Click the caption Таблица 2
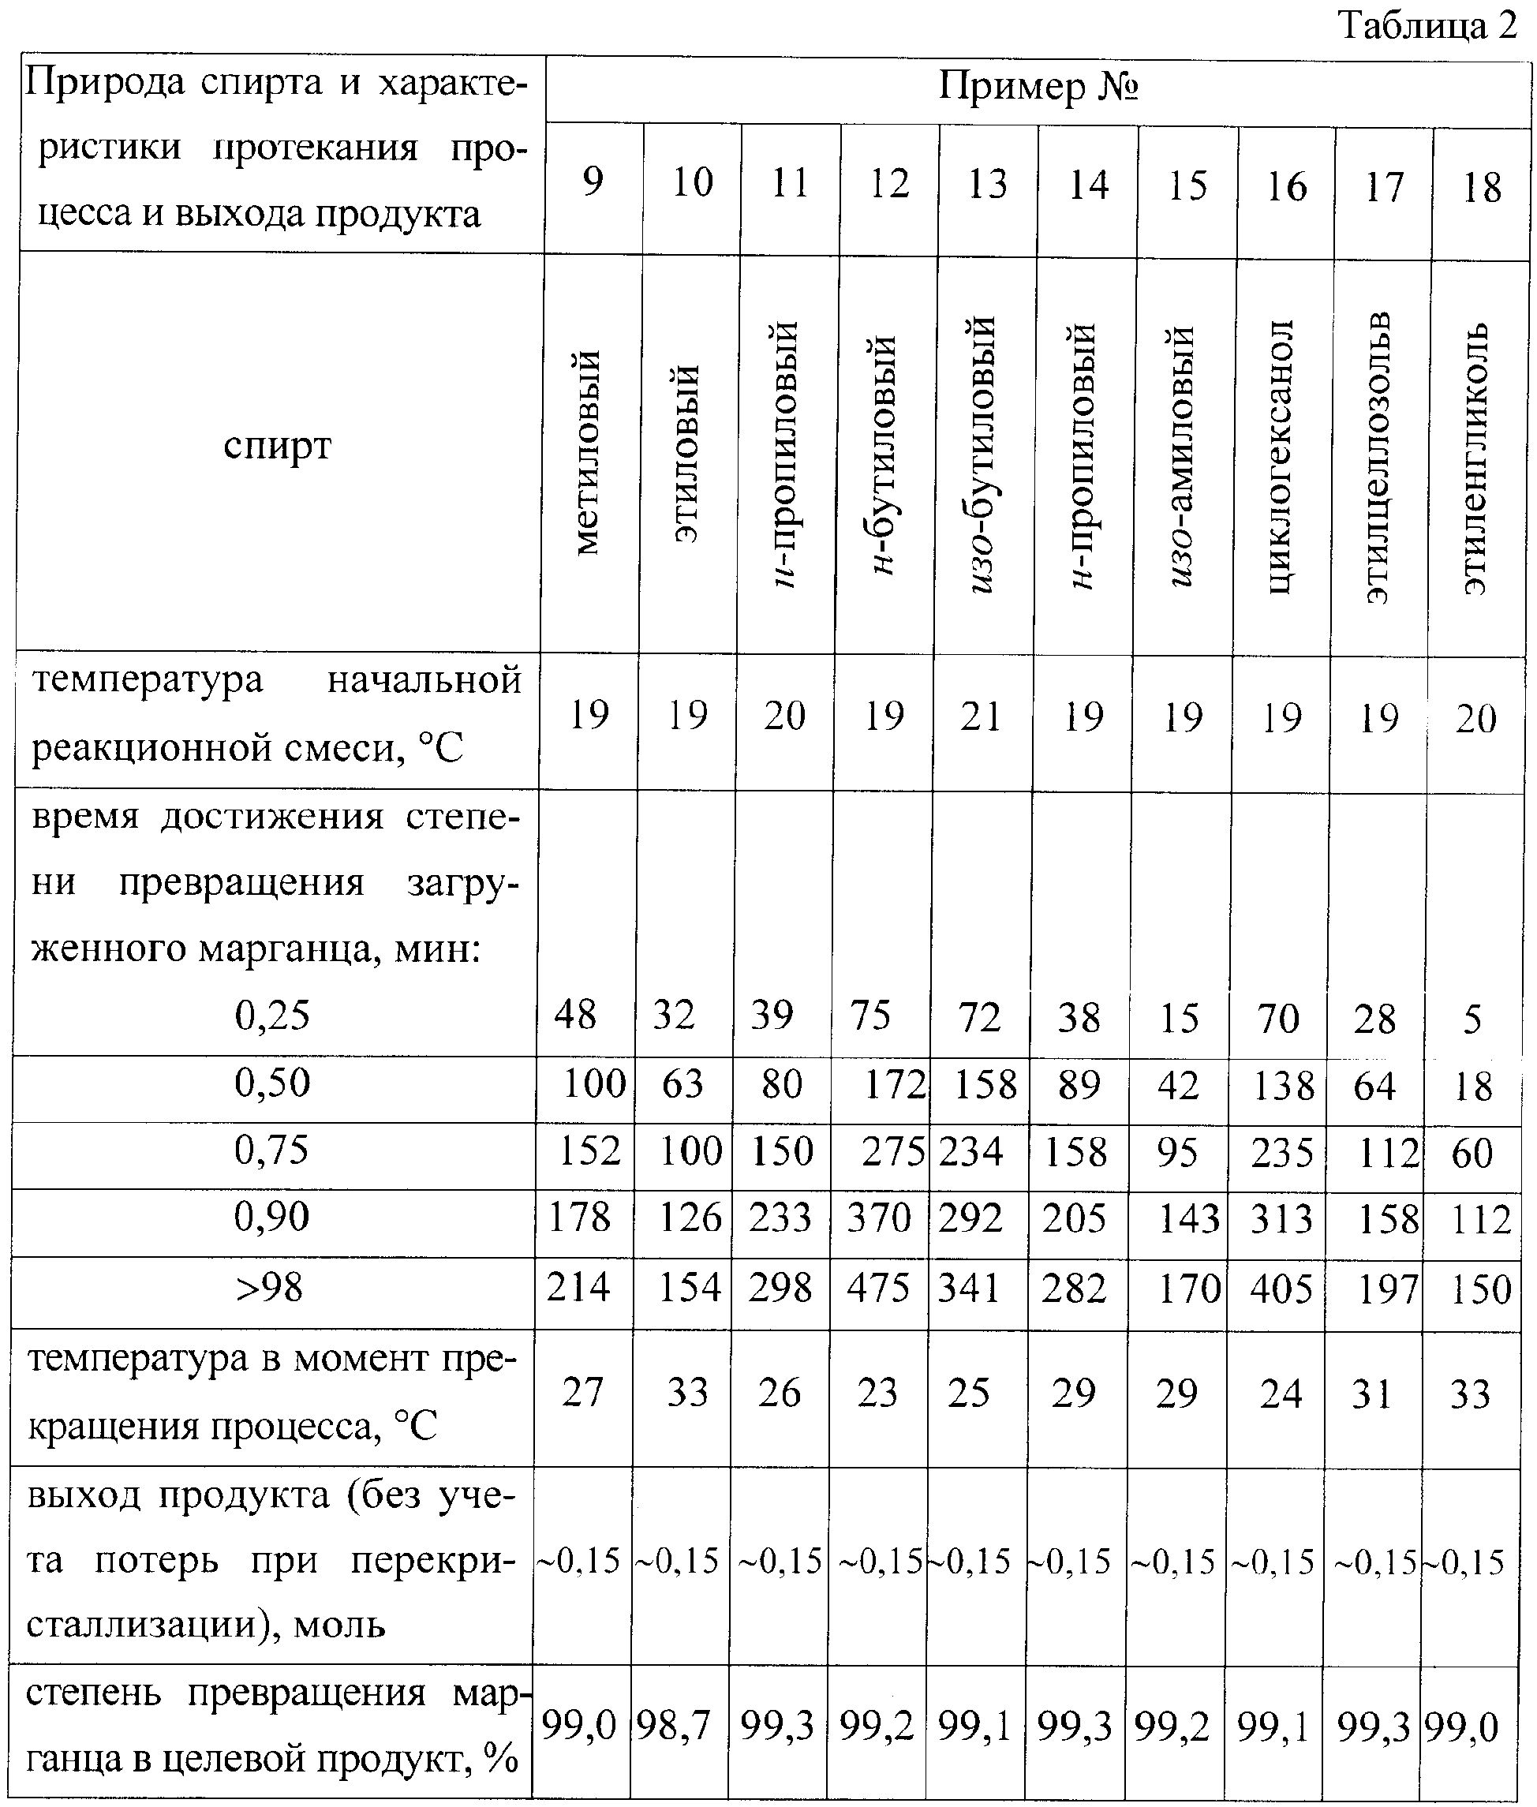tap(1427, 25)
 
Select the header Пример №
tap(1038, 87)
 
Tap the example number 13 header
tap(987, 184)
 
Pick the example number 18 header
tap(1481, 187)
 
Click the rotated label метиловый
tap(588, 453)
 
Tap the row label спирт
tap(277, 446)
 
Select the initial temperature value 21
tap(981, 716)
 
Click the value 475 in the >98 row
tap(877, 1289)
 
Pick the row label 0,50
tap(272, 1083)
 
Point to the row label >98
tap(269, 1287)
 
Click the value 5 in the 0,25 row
tap(1472, 1019)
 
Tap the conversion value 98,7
tap(673, 1724)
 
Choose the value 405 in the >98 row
tap(1280, 1289)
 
